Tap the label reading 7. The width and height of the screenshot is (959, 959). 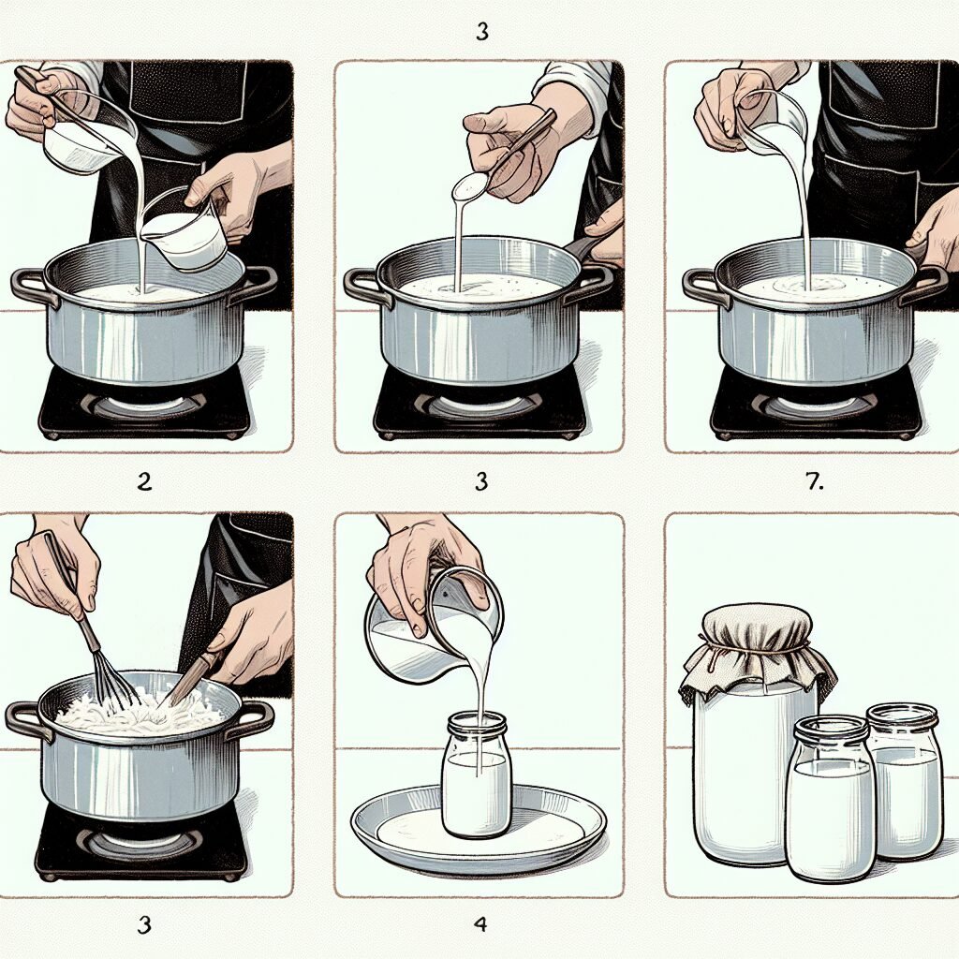pyautogui.click(x=813, y=482)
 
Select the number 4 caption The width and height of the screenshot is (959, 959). pyautogui.click(x=480, y=924)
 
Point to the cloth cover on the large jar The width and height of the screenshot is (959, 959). pyautogui.click(x=755, y=646)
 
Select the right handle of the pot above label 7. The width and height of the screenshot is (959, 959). pyautogui.click(x=927, y=281)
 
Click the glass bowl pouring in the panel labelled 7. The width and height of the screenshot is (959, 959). pyautogui.click(x=773, y=122)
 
